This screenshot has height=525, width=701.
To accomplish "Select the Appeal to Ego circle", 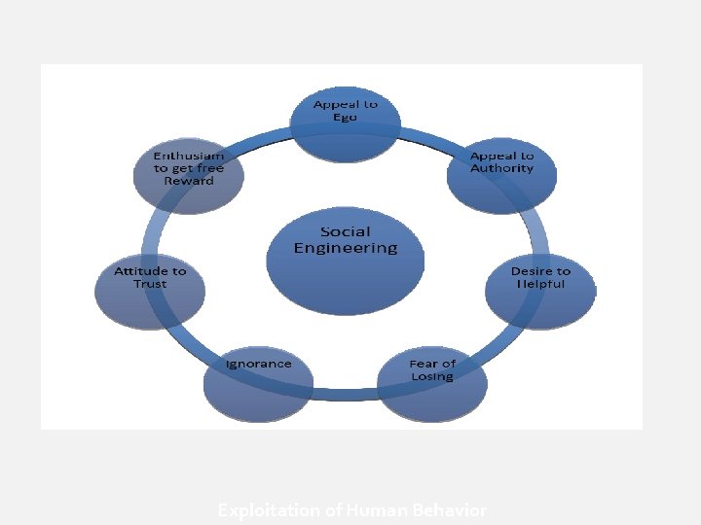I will (x=346, y=123).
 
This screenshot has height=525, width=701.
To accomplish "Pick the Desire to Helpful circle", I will (x=540, y=290).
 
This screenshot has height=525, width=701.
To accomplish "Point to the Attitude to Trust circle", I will (x=150, y=290).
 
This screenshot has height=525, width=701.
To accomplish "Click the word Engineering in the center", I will (x=346, y=248).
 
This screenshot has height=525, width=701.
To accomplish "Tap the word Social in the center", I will (x=346, y=230).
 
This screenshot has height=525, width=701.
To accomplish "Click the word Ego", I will (x=346, y=117).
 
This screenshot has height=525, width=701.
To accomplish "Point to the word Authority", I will (x=501, y=168).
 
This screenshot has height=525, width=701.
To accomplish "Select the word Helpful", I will (x=540, y=284).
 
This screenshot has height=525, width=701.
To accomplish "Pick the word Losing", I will (x=432, y=376).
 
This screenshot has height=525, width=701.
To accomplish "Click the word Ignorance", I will (x=258, y=364).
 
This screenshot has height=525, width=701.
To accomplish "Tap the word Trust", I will (x=150, y=284).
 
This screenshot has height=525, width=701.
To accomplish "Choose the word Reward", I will (x=188, y=181).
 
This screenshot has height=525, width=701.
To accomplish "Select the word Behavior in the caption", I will (x=453, y=509).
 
